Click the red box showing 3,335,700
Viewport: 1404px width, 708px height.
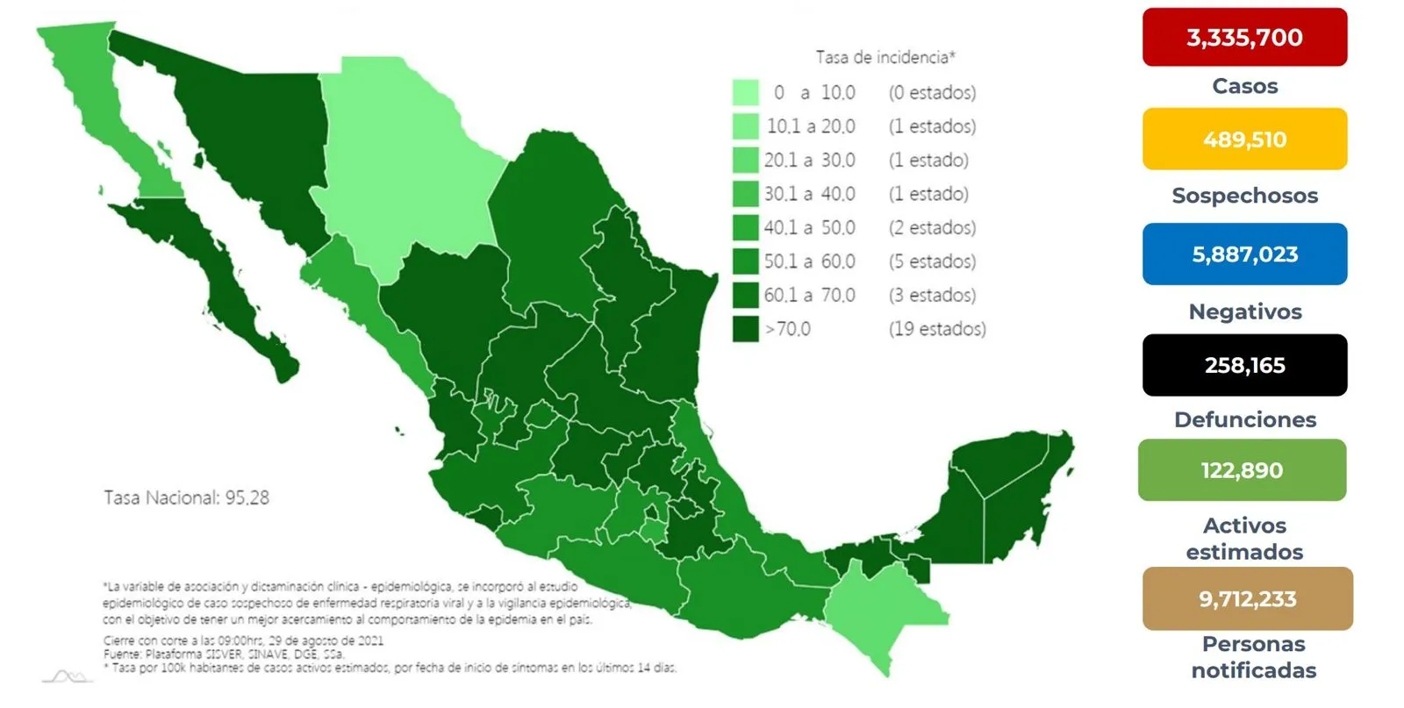1243,37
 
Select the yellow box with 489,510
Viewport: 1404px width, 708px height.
1243,139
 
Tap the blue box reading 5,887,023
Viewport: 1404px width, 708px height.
1243,254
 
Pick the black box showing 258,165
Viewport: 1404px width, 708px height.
1243,365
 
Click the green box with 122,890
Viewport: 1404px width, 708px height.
1241,470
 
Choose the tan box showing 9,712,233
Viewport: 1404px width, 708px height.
1246,598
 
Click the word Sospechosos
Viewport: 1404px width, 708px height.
1243,196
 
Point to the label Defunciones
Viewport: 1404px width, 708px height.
1244,419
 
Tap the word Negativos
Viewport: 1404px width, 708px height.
1244,311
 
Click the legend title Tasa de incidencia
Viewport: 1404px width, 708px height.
885,58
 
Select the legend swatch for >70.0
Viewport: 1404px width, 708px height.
745,329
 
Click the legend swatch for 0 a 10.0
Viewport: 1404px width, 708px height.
745,92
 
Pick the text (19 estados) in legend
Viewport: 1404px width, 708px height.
936,329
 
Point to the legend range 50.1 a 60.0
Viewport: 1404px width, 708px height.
809,261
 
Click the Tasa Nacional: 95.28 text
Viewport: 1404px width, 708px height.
186,497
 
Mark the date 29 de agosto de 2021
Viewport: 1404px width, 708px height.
324,640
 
